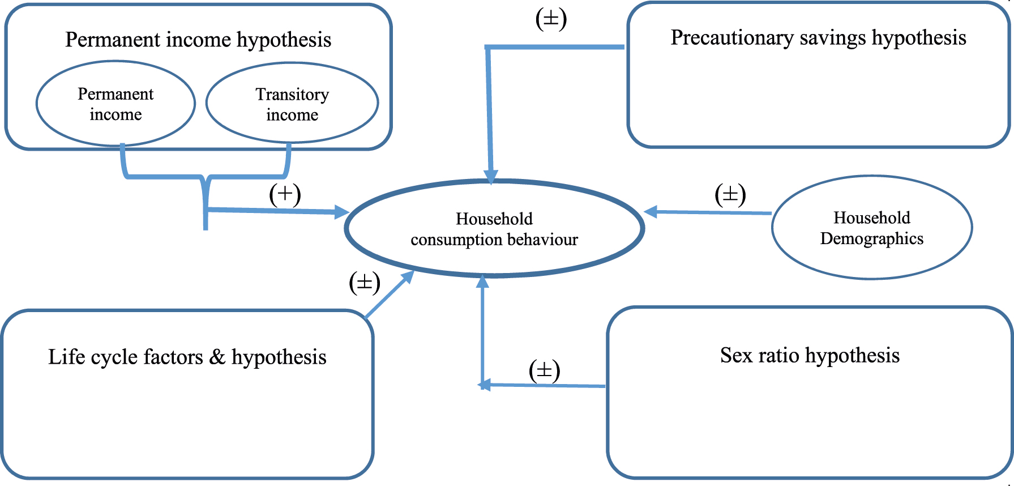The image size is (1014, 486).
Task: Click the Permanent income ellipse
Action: (x=115, y=104)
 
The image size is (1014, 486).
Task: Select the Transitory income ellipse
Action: (x=292, y=104)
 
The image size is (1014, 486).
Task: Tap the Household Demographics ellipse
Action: (x=871, y=228)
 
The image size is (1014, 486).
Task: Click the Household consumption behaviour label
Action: (x=494, y=229)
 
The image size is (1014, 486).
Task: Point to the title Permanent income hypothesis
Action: (x=198, y=40)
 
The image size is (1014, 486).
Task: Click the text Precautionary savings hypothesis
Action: (x=818, y=37)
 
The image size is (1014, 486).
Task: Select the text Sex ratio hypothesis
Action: (x=810, y=355)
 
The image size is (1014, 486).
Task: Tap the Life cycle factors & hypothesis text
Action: (x=187, y=357)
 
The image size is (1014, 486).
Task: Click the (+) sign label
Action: (x=285, y=194)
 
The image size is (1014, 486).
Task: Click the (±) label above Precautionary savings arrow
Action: (x=551, y=19)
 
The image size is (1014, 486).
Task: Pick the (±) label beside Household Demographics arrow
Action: (x=730, y=194)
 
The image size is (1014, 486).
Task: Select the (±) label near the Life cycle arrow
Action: (x=364, y=282)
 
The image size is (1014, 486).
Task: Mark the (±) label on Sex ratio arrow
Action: (x=544, y=370)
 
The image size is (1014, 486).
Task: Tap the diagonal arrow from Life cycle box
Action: (x=390, y=295)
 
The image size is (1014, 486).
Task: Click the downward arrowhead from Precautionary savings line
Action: (x=491, y=176)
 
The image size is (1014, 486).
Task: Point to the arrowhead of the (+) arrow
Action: (x=342, y=212)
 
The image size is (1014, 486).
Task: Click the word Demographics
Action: (x=871, y=238)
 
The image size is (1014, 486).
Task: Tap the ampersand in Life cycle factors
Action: (x=217, y=357)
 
